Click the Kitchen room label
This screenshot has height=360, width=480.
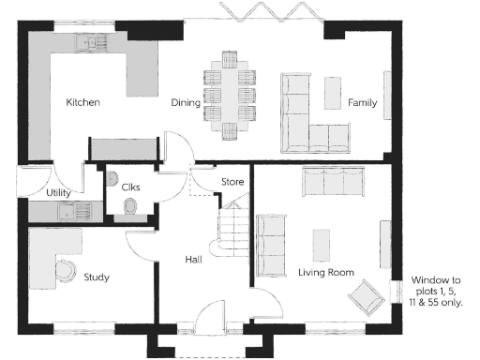click(82, 101)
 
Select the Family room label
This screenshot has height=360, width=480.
click(362, 102)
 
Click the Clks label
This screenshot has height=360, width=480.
click(130, 187)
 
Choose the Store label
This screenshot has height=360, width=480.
click(232, 181)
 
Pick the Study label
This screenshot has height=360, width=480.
click(96, 277)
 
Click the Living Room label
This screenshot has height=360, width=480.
click(325, 272)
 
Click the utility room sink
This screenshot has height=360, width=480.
click(67, 212)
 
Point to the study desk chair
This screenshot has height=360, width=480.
click(66, 271)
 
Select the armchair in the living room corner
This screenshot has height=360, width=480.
click(367, 298)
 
